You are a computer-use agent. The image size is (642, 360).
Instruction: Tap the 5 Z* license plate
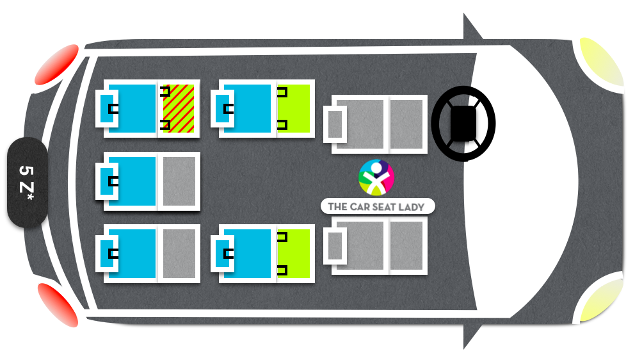pyautogui.click(x=27, y=183)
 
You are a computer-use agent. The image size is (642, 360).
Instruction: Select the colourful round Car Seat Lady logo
pyautogui.click(x=376, y=177)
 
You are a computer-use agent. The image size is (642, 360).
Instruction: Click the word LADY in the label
pyautogui.click(x=411, y=207)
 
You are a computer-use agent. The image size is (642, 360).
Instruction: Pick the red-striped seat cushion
pyautogui.click(x=179, y=108)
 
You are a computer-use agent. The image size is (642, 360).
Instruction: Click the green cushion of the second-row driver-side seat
pyautogui.click(x=294, y=108)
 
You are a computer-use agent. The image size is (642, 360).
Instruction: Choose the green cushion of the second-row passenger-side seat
pyautogui.click(x=294, y=254)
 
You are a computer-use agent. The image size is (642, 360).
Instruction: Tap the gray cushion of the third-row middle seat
pyautogui.click(x=179, y=181)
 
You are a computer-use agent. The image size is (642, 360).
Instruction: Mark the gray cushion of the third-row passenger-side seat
pyautogui.click(x=179, y=254)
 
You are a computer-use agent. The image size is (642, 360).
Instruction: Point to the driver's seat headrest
pyautogui.click(x=335, y=124)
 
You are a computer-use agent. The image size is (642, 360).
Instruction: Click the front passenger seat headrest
pyautogui.click(x=335, y=246)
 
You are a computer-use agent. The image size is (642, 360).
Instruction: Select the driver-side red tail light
pyautogui.click(x=56, y=64)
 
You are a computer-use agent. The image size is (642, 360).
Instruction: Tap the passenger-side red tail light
pyautogui.click(x=58, y=305)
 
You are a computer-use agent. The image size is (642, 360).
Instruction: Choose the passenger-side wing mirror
pyautogui.click(x=471, y=333)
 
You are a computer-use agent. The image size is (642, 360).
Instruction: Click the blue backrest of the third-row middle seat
pyautogui.click(x=132, y=181)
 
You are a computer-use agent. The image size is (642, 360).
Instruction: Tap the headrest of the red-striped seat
pyautogui.click(x=107, y=108)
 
